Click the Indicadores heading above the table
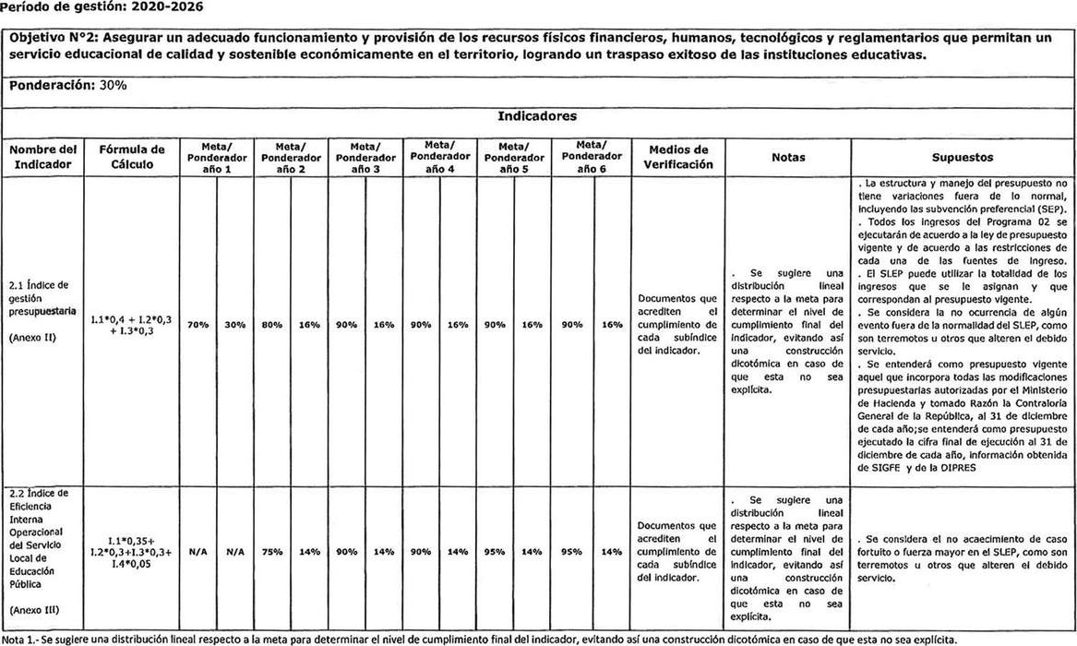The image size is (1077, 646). (537, 117)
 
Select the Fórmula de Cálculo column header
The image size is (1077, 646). (131, 157)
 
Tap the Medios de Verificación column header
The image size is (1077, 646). (678, 157)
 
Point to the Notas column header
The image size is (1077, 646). (789, 158)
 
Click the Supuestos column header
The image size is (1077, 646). (963, 158)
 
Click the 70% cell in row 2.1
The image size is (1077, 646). (197, 325)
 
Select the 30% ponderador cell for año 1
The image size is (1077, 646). (234, 325)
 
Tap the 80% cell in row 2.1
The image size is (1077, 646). (271, 325)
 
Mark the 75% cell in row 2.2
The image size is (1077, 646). (271, 552)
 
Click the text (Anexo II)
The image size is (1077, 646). (34, 339)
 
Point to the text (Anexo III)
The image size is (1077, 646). (36, 610)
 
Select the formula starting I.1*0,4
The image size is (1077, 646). (131, 325)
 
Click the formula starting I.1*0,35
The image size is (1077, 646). (131, 552)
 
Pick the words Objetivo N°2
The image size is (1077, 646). (50, 38)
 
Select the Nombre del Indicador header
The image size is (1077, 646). (43, 157)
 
